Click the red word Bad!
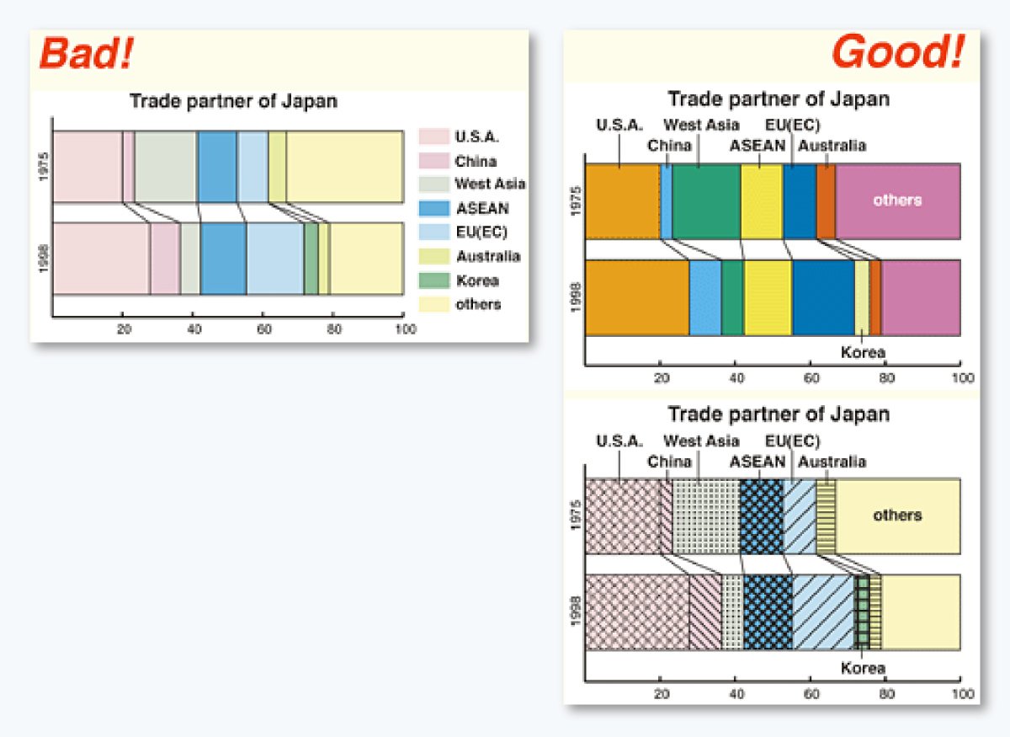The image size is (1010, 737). tap(86, 54)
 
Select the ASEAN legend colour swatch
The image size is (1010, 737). tap(433, 208)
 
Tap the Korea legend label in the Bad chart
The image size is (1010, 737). tap(477, 280)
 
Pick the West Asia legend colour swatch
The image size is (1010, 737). tap(433, 184)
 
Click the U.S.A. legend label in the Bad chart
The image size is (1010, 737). tap(477, 136)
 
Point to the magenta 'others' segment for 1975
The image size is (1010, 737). tap(897, 200)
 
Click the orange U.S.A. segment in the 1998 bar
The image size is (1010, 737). tap(636, 298)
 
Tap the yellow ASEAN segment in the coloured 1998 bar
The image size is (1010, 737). tap(768, 298)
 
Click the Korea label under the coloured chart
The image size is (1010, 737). tap(864, 353)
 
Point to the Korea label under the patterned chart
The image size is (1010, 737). tap(864, 668)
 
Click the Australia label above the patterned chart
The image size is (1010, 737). tap(832, 462)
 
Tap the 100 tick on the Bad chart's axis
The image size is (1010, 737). tap(405, 330)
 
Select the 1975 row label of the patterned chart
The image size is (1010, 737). tap(575, 515)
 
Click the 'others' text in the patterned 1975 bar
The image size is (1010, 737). tap(897, 515)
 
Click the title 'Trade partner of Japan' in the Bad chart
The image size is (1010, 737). tap(233, 102)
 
